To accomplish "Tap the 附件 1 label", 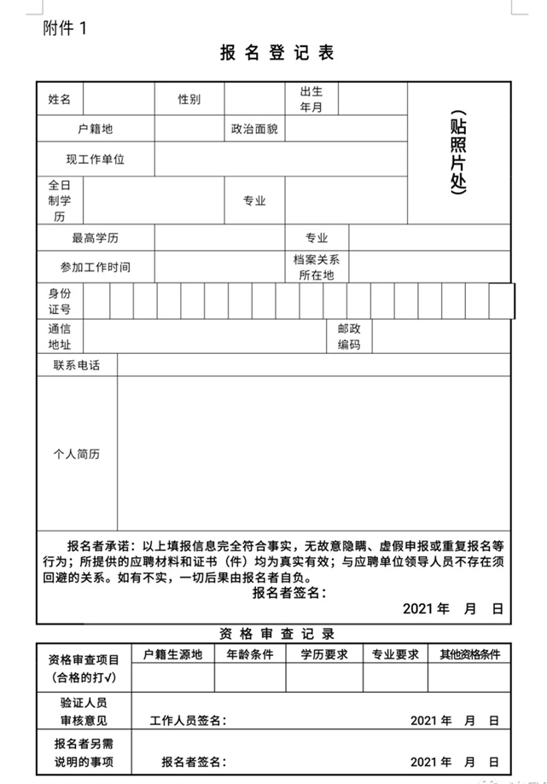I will pyautogui.click(x=65, y=27).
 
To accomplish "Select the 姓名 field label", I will pyautogui.click(x=60, y=100).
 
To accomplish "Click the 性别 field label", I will pyautogui.click(x=189, y=100).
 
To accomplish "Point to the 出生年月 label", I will pyautogui.click(x=311, y=99).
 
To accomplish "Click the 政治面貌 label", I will pyautogui.click(x=254, y=130).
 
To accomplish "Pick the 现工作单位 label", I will pyautogui.click(x=95, y=160).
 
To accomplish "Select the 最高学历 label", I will pyautogui.click(x=95, y=238).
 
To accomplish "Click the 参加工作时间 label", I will pyautogui.click(x=95, y=267).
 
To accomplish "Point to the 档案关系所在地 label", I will pyautogui.click(x=316, y=267).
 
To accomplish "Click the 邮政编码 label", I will pyautogui.click(x=349, y=336).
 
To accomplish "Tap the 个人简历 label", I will pyautogui.click(x=77, y=454).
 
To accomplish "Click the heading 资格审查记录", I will pyautogui.click(x=276, y=634).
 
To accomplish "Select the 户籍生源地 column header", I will pyautogui.click(x=172, y=655).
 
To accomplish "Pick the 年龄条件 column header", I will pyautogui.click(x=249, y=655).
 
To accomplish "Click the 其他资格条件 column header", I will pyautogui.click(x=469, y=655).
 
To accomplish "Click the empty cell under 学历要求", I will pyautogui.click(x=323, y=677).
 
